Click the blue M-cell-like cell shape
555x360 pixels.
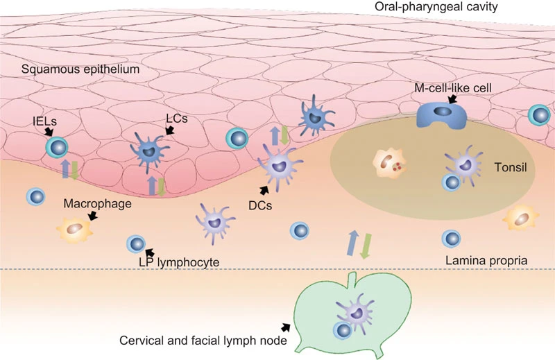[442, 115]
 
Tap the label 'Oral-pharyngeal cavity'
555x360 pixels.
[436, 7]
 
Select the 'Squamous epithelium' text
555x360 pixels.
[80, 69]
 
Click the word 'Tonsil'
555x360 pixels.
[511, 167]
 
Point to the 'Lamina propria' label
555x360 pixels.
[486, 261]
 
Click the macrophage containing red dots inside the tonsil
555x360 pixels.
[389, 163]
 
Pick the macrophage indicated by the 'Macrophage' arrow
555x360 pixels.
[75, 230]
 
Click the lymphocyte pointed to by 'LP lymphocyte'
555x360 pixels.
[136, 244]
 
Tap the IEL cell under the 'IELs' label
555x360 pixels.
[57, 148]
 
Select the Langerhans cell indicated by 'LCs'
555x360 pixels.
[148, 151]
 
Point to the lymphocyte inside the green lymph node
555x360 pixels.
[343, 331]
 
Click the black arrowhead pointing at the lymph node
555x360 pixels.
[286, 327]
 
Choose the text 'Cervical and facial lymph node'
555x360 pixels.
[203, 341]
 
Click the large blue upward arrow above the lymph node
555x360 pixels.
[352, 243]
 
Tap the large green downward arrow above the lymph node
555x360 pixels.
[366, 246]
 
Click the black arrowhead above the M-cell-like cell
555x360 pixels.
[452, 99]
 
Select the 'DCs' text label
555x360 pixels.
[260, 205]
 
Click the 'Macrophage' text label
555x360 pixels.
[97, 204]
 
